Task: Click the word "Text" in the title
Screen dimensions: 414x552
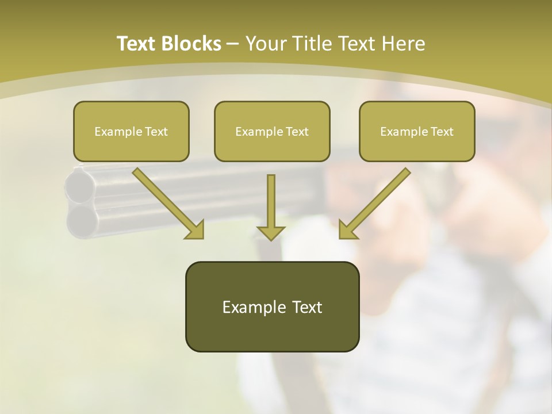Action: pos(136,44)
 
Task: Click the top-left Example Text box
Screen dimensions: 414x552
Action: pos(131,131)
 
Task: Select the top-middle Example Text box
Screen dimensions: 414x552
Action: pos(272,131)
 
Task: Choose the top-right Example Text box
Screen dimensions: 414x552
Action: pos(417,131)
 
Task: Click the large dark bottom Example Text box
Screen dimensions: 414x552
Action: pos(272,306)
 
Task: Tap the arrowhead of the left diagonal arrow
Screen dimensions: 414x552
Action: pos(195,230)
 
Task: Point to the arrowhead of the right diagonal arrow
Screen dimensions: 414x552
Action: pos(347,230)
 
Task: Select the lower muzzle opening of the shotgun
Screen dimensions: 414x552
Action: pos(80,220)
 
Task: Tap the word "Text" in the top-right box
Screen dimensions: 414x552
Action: pos(442,132)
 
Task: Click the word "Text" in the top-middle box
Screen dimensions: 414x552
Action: pos(297,132)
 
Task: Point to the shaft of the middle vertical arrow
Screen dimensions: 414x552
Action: pos(271,198)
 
